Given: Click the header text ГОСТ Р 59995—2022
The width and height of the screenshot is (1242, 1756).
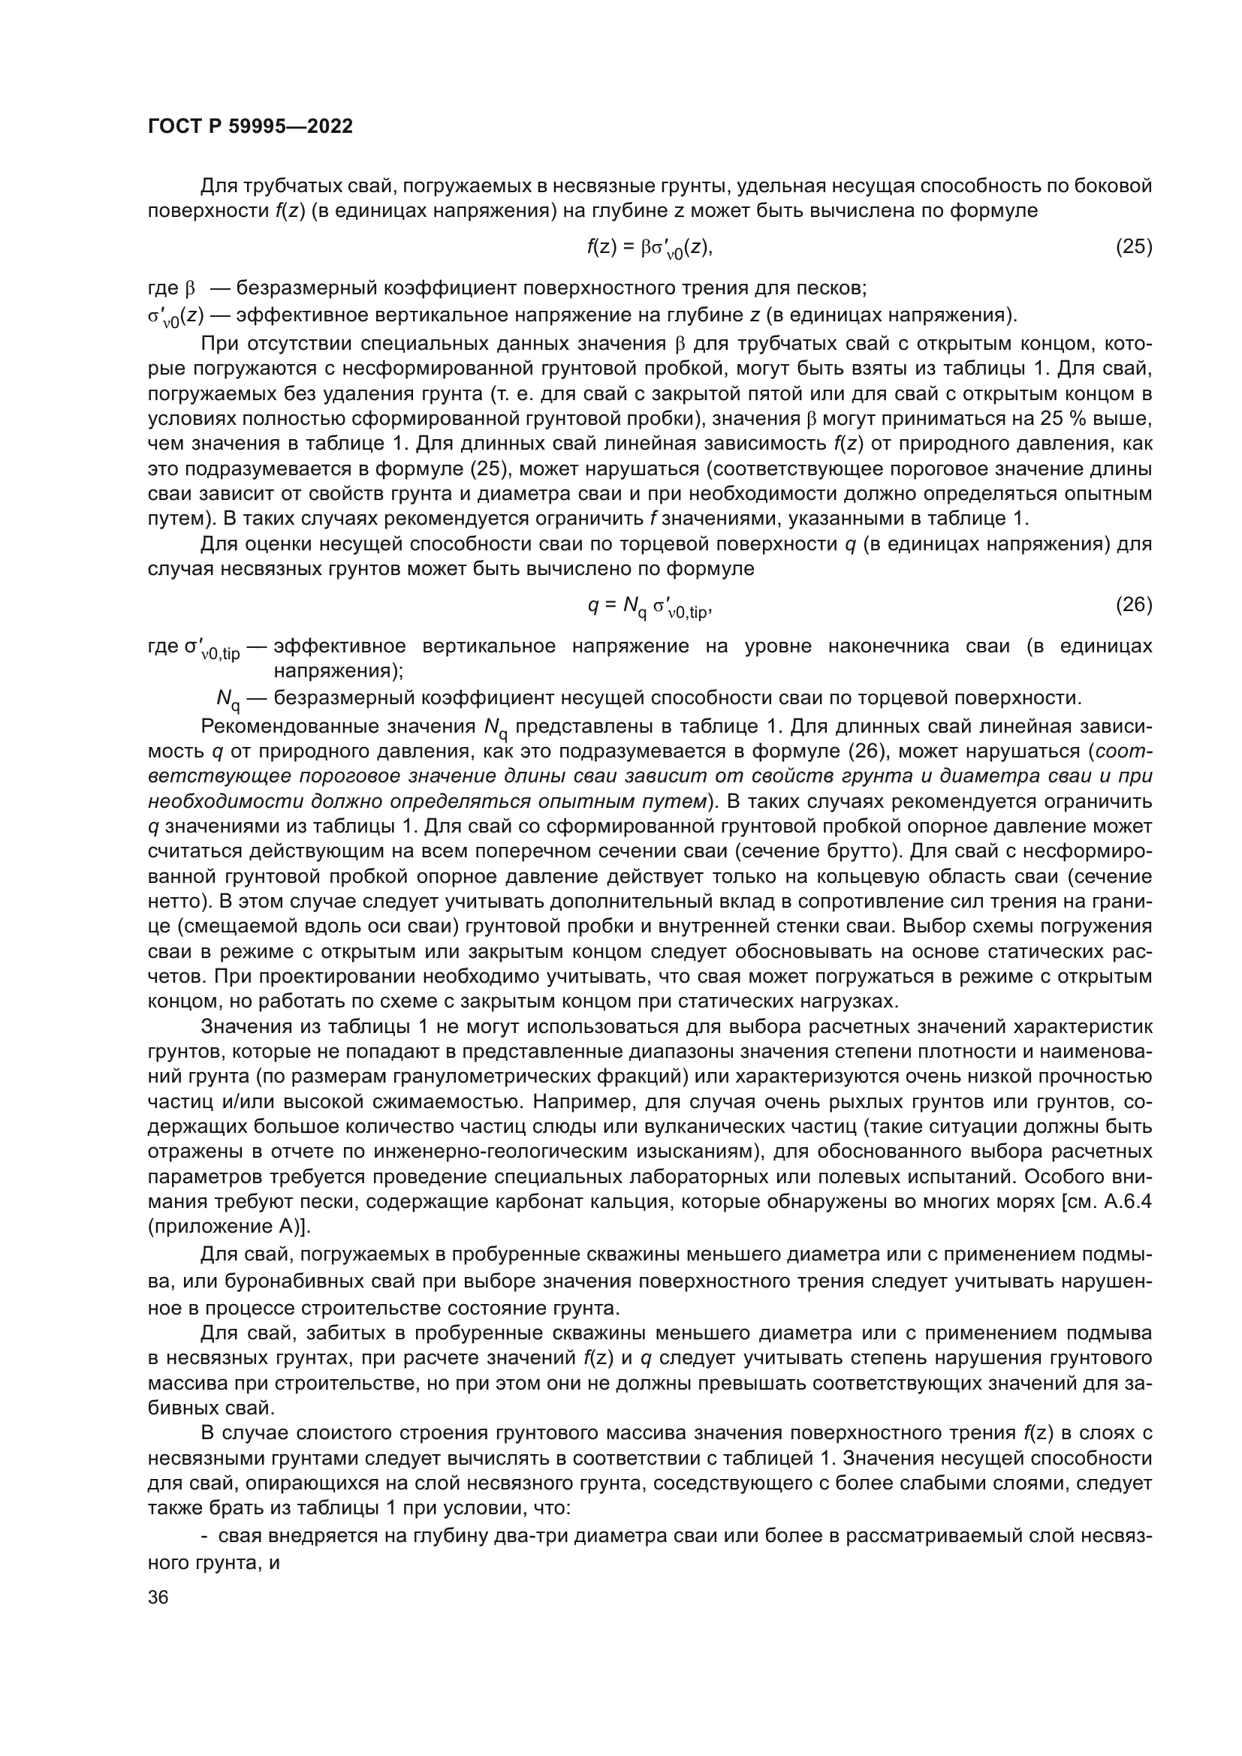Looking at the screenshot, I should pyautogui.click(x=250, y=127).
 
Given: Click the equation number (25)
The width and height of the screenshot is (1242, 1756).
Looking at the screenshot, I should pyautogui.click(x=1133, y=246).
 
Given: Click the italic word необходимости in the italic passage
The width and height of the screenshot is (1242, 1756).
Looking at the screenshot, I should pyautogui.click(x=226, y=801).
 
